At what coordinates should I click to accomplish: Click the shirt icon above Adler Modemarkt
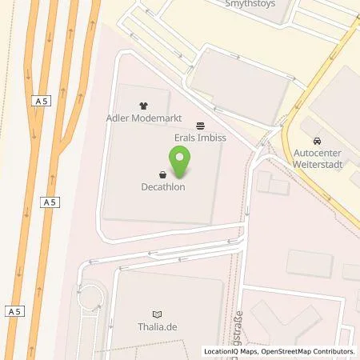[143, 105]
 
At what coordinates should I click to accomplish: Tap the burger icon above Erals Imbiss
[200, 125]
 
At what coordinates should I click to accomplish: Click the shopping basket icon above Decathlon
[162, 174]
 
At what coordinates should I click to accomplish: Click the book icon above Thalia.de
[157, 313]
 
